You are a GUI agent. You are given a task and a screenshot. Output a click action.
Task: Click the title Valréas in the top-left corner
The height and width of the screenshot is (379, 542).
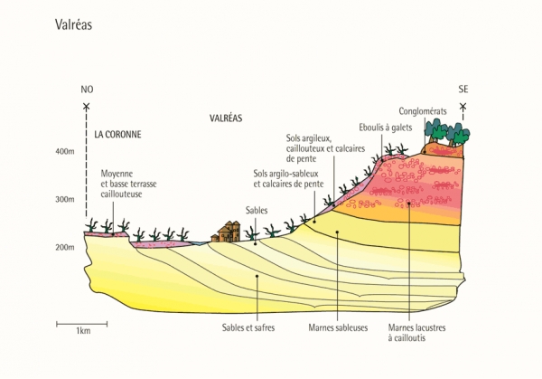click(73, 24)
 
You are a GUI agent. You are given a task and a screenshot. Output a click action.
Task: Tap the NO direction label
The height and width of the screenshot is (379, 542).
click(87, 90)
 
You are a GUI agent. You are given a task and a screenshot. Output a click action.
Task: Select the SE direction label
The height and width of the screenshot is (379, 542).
click(463, 90)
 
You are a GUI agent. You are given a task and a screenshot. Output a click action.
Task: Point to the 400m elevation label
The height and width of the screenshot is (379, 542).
click(65, 152)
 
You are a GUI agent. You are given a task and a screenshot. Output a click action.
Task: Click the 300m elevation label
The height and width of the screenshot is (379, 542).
click(65, 199)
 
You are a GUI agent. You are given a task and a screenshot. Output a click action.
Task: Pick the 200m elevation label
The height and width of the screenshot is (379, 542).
click(65, 247)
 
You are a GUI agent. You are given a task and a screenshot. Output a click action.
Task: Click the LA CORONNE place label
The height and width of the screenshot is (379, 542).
click(117, 134)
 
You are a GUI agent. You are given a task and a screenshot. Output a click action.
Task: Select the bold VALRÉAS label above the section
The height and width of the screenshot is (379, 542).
click(226, 118)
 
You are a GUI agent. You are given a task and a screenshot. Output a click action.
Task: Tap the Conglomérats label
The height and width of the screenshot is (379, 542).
click(423, 111)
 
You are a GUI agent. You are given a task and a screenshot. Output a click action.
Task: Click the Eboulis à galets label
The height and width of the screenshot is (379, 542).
click(386, 128)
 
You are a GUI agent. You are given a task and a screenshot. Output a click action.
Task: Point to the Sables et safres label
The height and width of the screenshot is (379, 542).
click(248, 327)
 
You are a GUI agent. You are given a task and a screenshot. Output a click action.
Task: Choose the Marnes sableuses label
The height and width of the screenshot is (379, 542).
click(338, 327)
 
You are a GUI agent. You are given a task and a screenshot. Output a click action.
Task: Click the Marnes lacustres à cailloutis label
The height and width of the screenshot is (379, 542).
click(416, 333)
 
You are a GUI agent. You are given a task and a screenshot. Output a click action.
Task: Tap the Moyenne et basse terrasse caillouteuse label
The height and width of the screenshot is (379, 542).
click(128, 184)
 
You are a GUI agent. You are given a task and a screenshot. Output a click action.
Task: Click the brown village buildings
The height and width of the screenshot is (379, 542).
click(226, 232)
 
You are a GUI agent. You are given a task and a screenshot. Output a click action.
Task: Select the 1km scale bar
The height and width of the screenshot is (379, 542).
click(82, 324)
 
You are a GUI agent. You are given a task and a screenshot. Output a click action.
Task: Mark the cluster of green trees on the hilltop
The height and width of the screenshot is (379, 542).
click(447, 132)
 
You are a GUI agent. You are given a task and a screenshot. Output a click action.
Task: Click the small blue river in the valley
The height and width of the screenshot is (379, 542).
click(199, 243)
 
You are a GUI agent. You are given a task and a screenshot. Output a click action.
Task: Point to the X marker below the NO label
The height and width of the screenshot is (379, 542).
click(87, 107)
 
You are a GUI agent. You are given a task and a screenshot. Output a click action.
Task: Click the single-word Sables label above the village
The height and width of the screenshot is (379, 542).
click(257, 211)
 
